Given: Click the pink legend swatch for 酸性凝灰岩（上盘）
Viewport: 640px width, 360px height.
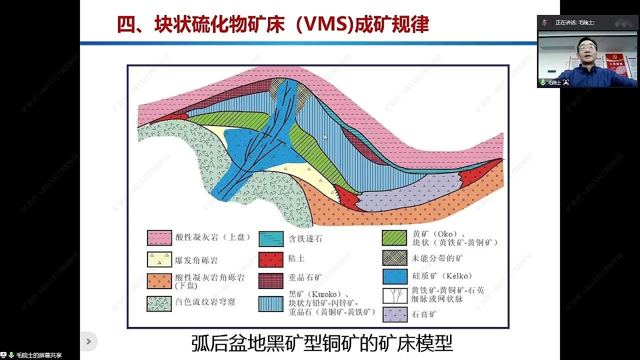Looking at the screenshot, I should [x=159, y=238].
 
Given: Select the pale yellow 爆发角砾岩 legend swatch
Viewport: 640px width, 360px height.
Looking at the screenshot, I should [x=159, y=259].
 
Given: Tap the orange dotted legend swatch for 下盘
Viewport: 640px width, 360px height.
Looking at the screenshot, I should [x=159, y=281].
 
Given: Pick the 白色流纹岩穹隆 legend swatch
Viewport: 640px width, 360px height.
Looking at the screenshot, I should [x=159, y=303].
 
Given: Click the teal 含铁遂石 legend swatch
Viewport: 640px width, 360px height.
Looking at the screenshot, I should [x=271, y=239].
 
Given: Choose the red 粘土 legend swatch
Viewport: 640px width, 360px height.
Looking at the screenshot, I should [x=271, y=259].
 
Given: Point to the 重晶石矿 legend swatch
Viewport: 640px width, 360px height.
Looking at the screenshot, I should [x=271, y=281].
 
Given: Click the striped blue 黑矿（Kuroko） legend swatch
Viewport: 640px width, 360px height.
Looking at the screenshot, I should [x=271, y=303].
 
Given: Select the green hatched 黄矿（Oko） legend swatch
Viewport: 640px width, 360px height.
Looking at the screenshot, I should [x=394, y=238].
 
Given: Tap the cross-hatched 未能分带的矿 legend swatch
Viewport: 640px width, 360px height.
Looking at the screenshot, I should [x=394, y=258].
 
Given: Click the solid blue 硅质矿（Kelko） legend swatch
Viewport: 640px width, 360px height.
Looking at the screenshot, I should [x=394, y=276].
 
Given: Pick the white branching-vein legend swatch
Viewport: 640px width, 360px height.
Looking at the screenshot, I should [x=394, y=295].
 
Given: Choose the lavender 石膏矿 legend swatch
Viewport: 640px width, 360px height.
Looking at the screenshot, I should [x=394, y=314].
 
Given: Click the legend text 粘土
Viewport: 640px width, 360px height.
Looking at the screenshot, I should [x=296, y=259].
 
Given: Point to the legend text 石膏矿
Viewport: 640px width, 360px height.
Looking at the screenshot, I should [x=424, y=315].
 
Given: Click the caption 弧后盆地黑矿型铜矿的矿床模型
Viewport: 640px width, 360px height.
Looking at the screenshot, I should [x=322, y=343].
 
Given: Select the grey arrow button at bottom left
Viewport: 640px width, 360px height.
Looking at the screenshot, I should [x=88, y=341].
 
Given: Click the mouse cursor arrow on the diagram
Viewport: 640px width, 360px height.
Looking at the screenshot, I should [x=325, y=137].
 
